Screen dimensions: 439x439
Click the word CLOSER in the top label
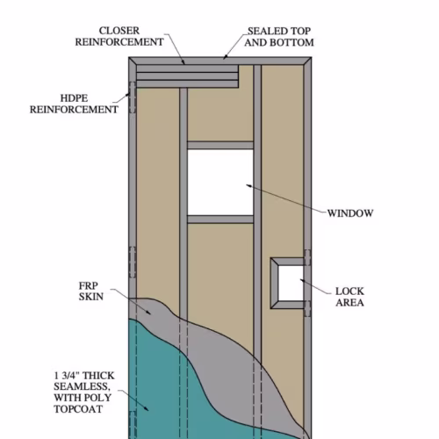point(119,31)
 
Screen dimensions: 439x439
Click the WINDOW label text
point(350,213)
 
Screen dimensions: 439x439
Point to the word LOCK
point(349,291)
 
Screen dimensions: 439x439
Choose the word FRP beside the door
point(89,285)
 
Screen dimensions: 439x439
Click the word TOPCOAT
point(78,409)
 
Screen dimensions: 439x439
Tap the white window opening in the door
point(220,183)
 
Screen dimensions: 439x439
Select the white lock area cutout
point(291,283)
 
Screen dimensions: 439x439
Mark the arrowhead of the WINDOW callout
point(248,185)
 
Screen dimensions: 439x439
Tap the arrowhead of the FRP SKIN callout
point(148,313)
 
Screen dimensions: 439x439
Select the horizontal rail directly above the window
point(220,146)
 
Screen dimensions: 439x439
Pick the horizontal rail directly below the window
point(220,219)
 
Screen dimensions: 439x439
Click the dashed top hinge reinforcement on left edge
point(133,97)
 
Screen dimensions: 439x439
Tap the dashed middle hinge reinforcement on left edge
point(133,263)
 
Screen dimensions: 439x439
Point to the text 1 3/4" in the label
point(66,376)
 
